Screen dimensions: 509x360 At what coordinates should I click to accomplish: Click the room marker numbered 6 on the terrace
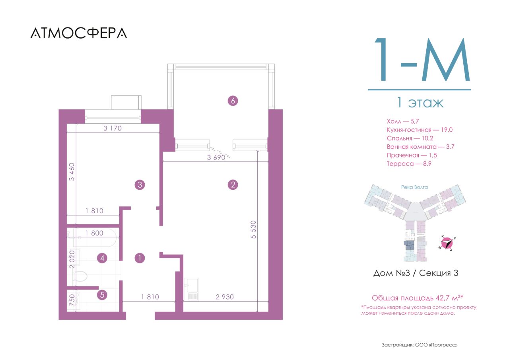click(233, 101)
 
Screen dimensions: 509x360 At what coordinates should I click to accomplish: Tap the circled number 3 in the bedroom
click(140, 185)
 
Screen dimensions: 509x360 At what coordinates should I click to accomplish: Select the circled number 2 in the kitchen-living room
click(233, 185)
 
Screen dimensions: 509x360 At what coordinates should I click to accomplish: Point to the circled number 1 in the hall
click(140, 258)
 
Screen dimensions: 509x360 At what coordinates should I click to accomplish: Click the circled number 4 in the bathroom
click(102, 258)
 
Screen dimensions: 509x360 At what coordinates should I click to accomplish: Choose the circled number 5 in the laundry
click(102, 295)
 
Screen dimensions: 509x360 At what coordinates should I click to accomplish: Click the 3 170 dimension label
click(113, 128)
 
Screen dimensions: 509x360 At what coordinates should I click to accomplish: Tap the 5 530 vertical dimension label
click(253, 229)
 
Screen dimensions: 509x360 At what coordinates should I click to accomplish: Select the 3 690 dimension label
click(216, 158)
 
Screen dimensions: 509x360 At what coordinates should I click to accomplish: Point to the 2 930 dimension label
click(225, 297)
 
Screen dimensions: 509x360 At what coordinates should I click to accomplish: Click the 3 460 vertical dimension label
click(72, 172)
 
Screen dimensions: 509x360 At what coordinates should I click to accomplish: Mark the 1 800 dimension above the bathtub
click(94, 233)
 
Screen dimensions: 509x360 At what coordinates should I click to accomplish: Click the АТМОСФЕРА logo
click(79, 33)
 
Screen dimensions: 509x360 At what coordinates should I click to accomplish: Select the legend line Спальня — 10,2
click(410, 138)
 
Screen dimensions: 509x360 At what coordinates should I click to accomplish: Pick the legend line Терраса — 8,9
click(409, 163)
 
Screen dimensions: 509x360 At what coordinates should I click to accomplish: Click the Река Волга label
click(414, 187)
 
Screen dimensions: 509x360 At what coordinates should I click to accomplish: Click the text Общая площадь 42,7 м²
click(418, 298)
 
